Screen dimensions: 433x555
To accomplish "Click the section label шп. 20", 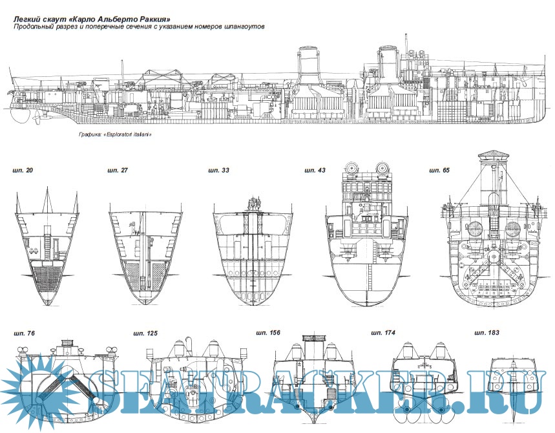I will pyautogui.click(x=23, y=171).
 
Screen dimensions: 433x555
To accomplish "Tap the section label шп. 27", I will pyautogui.click(x=118, y=171).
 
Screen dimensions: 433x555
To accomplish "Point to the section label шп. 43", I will pyautogui.click(x=315, y=171).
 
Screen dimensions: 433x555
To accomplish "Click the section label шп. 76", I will pyautogui.click(x=25, y=333).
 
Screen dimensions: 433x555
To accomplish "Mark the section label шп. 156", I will pyautogui.click(x=266, y=333).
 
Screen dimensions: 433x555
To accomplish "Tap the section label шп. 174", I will pyautogui.click(x=382, y=333).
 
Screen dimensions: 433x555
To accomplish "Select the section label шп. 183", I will pyautogui.click(x=486, y=333).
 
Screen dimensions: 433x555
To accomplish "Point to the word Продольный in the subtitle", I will pyautogui.click(x=34, y=26).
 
